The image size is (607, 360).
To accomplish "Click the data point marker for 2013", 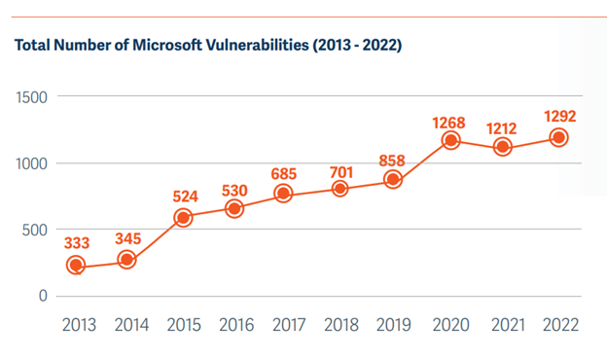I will [76, 266].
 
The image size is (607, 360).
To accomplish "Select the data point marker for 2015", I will [182, 218].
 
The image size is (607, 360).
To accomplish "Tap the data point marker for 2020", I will [449, 141].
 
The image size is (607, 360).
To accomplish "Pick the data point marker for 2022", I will [557, 137].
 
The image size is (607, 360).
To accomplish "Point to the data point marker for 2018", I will [340, 188].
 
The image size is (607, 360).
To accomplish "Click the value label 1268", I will [448, 123].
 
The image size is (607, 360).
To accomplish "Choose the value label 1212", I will [503, 127].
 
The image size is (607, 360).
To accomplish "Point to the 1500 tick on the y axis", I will [29, 97].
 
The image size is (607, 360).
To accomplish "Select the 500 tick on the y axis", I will [34, 230].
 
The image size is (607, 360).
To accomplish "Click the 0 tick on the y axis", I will [43, 296].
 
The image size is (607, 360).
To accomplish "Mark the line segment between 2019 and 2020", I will [421, 162].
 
